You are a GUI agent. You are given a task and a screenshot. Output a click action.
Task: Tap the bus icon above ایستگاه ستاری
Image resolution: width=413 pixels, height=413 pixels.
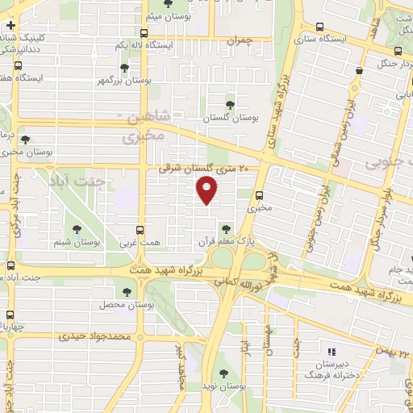click(x=321, y=26)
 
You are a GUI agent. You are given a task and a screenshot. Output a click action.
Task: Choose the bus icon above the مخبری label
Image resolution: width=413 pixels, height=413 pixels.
click(x=258, y=194)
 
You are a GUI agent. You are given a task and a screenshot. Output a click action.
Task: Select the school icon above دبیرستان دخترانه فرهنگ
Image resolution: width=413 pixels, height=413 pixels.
click(x=330, y=352)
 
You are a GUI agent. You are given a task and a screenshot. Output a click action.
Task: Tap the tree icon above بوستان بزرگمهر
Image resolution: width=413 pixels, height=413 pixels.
click(x=123, y=69)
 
